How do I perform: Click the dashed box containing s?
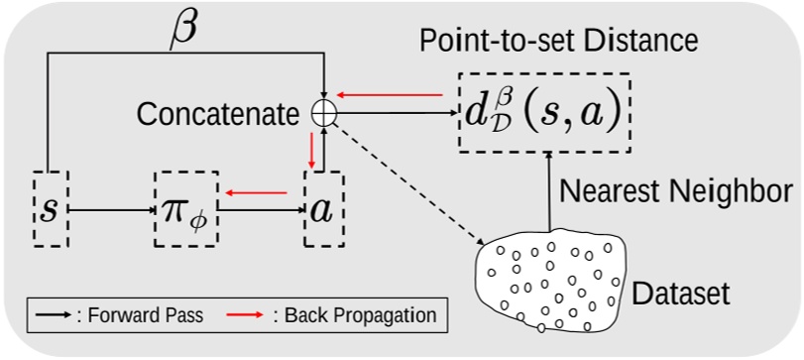click(x=50, y=210)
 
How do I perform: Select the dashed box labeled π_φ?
click(x=185, y=210)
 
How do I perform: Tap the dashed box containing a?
click(x=323, y=210)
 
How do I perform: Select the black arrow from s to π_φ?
click(x=111, y=211)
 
